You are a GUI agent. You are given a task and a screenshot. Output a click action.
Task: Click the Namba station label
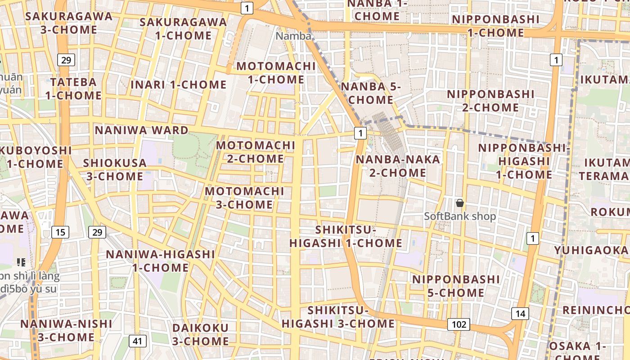(x=293, y=36)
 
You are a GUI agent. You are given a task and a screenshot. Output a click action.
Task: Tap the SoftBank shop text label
(x=460, y=216)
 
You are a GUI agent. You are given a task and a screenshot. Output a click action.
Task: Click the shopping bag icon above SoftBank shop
(x=459, y=203)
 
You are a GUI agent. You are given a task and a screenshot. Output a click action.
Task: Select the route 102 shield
(x=459, y=324)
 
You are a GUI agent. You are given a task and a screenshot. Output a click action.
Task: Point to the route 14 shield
(x=520, y=314)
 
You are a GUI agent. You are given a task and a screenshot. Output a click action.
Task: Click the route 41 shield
(x=137, y=341)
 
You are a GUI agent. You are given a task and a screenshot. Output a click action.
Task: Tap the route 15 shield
(x=60, y=232)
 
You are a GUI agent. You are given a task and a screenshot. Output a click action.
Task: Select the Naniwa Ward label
(x=141, y=130)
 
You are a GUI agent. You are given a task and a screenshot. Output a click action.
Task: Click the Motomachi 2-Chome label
(x=256, y=152)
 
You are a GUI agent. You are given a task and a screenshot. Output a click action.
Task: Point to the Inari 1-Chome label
(x=178, y=85)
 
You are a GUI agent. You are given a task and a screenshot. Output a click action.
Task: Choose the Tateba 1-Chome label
(x=73, y=89)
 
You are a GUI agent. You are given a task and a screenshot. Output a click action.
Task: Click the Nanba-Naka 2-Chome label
(x=398, y=166)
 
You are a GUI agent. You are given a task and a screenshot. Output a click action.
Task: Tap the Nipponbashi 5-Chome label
(x=456, y=286)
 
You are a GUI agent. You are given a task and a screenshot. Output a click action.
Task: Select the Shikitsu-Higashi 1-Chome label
(x=346, y=237)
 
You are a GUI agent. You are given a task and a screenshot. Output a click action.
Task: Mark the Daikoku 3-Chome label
(x=200, y=334)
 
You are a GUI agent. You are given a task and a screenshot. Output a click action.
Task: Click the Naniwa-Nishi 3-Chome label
(x=66, y=330)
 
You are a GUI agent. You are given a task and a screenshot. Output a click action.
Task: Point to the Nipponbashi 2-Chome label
(x=490, y=101)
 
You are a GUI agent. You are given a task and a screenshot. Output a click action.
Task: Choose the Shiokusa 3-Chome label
(x=115, y=170)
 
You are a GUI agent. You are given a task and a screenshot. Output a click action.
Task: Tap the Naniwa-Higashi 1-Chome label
(x=160, y=261)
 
